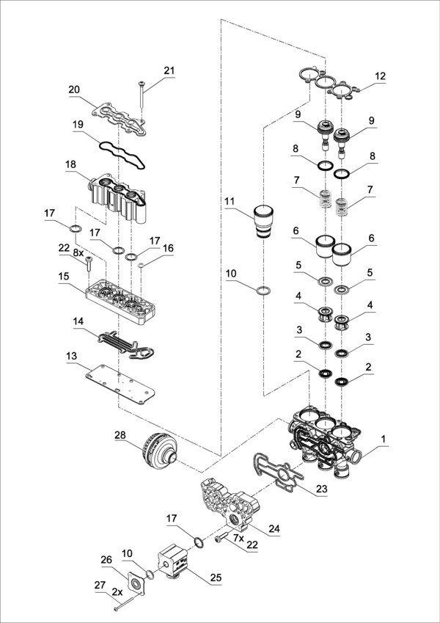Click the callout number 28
tap(120, 435)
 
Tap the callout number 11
tap(230, 200)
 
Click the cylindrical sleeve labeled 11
tap(264, 222)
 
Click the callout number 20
tap(74, 90)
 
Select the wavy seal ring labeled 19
tap(122, 155)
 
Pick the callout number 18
tap(70, 164)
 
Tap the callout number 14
tap(78, 321)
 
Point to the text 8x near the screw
tap(78, 252)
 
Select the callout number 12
tap(380, 76)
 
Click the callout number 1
tap(383, 439)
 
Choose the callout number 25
tap(216, 578)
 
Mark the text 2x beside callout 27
tap(117, 591)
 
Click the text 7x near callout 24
tap(238, 538)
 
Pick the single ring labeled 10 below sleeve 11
tap(264, 291)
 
